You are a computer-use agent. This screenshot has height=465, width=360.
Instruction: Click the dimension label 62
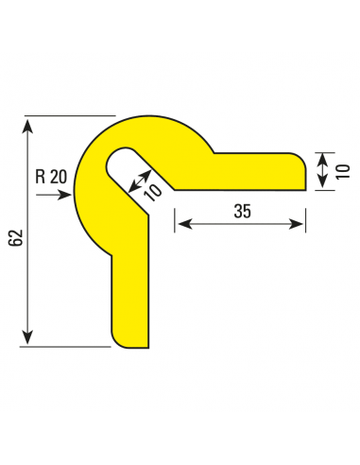16,238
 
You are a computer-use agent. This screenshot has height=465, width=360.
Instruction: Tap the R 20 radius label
51,177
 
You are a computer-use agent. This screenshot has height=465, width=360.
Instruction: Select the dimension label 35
243,211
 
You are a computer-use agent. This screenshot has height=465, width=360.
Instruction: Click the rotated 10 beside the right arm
343,172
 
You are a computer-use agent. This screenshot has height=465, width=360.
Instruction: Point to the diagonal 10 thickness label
153,193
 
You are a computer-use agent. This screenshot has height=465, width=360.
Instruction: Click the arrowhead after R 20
65,195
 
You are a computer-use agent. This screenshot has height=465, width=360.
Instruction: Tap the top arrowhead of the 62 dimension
28,126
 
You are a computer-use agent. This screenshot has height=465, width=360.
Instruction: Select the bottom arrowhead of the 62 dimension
28,336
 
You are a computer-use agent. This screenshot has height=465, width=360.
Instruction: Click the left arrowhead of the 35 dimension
185,224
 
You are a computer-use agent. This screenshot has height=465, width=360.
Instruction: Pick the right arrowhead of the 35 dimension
296,224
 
